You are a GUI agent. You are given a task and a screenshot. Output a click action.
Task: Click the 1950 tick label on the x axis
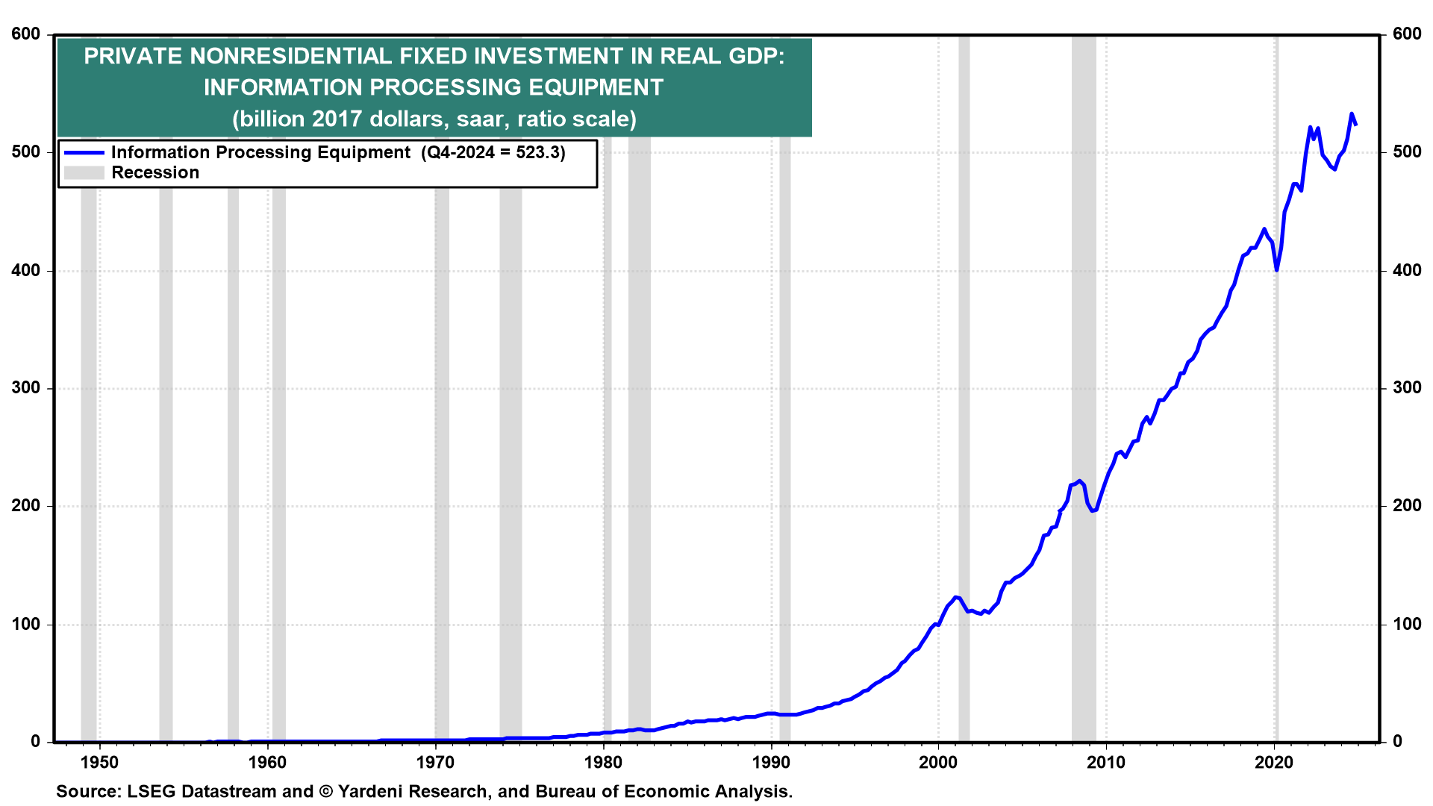tap(99, 762)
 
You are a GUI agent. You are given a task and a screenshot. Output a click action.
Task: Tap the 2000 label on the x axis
tap(938, 762)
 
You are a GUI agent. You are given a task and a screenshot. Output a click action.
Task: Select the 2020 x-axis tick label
tap(1274, 762)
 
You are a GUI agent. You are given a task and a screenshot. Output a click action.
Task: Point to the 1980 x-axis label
tap(603, 762)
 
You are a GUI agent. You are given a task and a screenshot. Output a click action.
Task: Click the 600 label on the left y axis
tap(26, 34)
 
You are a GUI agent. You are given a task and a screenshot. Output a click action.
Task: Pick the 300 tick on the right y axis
tap(1407, 388)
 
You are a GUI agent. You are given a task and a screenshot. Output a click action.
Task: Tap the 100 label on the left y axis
tap(26, 624)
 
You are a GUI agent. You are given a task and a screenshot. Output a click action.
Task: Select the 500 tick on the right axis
tap(1407, 152)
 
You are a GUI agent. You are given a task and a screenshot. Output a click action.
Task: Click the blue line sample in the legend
tap(84, 153)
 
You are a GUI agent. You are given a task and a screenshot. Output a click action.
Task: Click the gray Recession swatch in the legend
tap(84, 173)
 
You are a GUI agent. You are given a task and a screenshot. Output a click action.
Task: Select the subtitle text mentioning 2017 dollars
tap(434, 119)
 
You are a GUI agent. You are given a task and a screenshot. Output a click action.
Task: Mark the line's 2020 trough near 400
tap(1277, 269)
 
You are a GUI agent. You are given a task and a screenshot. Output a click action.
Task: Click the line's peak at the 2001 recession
tap(955, 597)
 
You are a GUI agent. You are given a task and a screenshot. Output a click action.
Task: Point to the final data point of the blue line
tap(1355, 125)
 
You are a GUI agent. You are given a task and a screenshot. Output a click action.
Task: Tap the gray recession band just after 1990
tap(784, 448)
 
